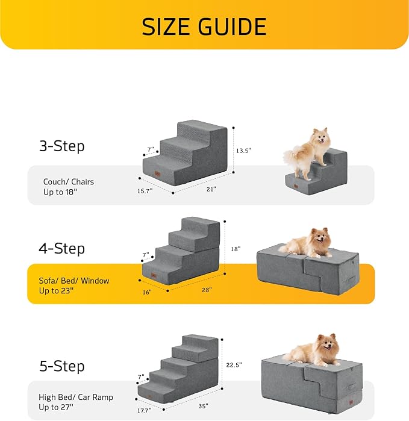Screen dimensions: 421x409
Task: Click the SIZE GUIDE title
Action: [x=204, y=27]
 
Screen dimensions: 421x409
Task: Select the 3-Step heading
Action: [x=62, y=146]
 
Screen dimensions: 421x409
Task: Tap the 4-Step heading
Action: [x=62, y=248]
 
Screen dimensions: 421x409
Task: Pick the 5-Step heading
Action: [x=62, y=366]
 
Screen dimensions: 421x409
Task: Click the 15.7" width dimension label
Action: [x=145, y=190]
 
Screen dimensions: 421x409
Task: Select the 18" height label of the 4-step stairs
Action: [x=236, y=249]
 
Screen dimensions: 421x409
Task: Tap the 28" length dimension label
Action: [x=207, y=290]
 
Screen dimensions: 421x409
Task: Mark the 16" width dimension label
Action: [x=146, y=292]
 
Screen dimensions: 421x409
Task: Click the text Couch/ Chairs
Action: [x=69, y=181]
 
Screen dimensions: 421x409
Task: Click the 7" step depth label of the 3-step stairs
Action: [x=151, y=148]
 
